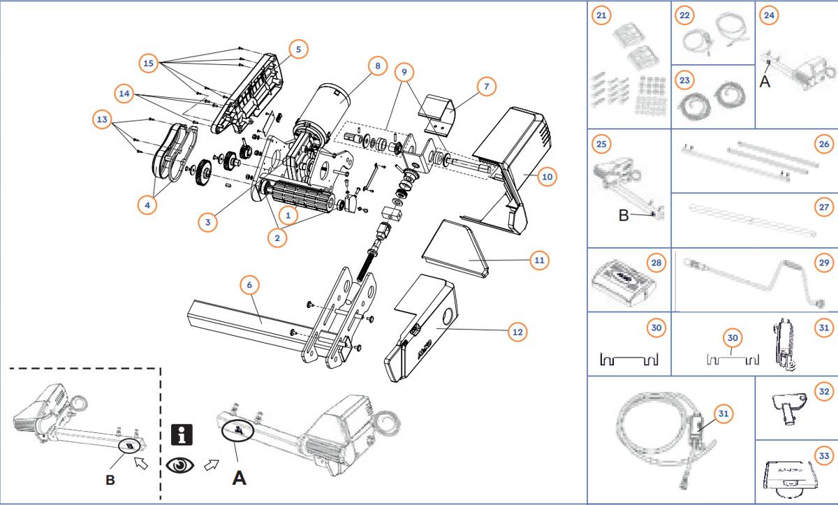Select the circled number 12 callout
pyautogui.click(x=517, y=332)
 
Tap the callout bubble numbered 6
pyautogui.click(x=250, y=285)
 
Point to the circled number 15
pyautogui.click(x=148, y=63)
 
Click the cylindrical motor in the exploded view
pyautogui.click(x=328, y=105)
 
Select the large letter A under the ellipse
pyautogui.click(x=239, y=478)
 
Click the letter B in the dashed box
pyautogui.click(x=109, y=480)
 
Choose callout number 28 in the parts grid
pyautogui.click(x=656, y=263)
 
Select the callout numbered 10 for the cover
pyautogui.click(x=547, y=177)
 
